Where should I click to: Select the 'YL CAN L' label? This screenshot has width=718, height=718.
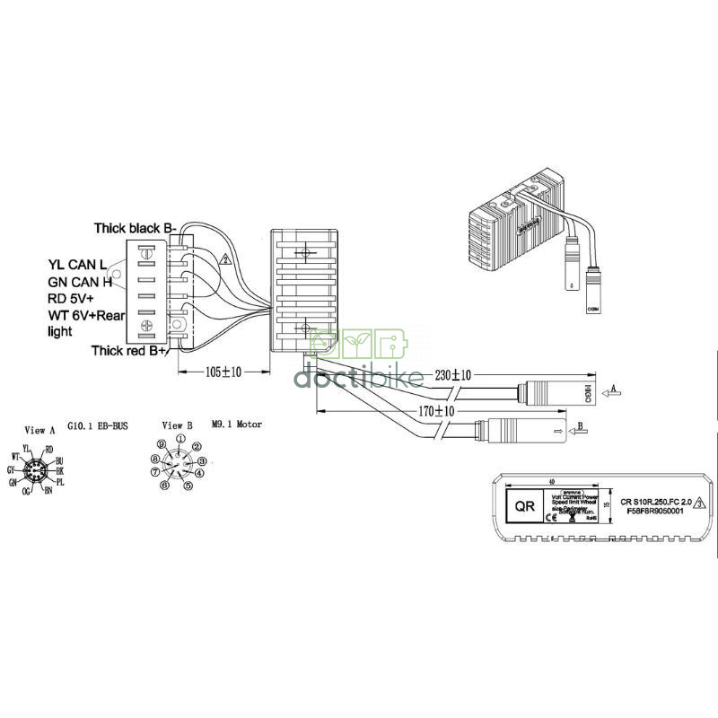coord(78,265)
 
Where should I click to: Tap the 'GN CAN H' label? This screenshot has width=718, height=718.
coord(80,282)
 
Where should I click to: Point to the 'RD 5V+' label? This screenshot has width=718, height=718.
coord(72,298)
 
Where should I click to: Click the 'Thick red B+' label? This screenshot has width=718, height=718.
coord(129,350)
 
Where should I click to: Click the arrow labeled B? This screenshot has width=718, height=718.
coord(581,426)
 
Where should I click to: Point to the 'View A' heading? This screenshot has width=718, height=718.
coord(40,430)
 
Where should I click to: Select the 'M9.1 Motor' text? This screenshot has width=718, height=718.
coord(237,425)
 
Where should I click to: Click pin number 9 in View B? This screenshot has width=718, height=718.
coord(161,444)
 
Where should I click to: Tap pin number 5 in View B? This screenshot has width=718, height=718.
coord(188,486)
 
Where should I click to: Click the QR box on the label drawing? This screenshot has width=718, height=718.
coord(523,504)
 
